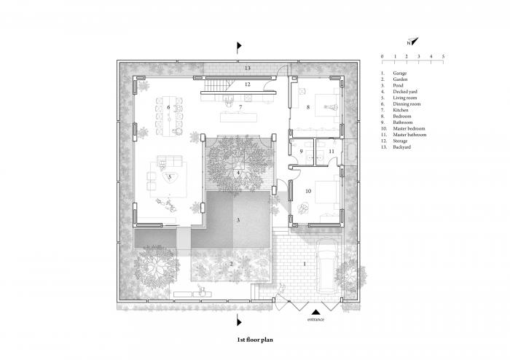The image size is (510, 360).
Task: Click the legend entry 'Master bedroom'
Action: pyautogui.click(x=409, y=128)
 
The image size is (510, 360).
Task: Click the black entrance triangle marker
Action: pyautogui.click(x=315, y=309)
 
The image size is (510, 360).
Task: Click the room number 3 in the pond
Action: pyautogui.click(x=237, y=219)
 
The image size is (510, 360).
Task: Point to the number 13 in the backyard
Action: pyautogui.click(x=248, y=68)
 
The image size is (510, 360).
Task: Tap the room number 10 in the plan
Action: pyautogui.click(x=307, y=191)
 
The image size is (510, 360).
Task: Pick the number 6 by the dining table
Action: pyautogui.click(x=168, y=108)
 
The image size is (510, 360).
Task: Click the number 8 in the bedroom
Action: pyautogui.click(x=308, y=108)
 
